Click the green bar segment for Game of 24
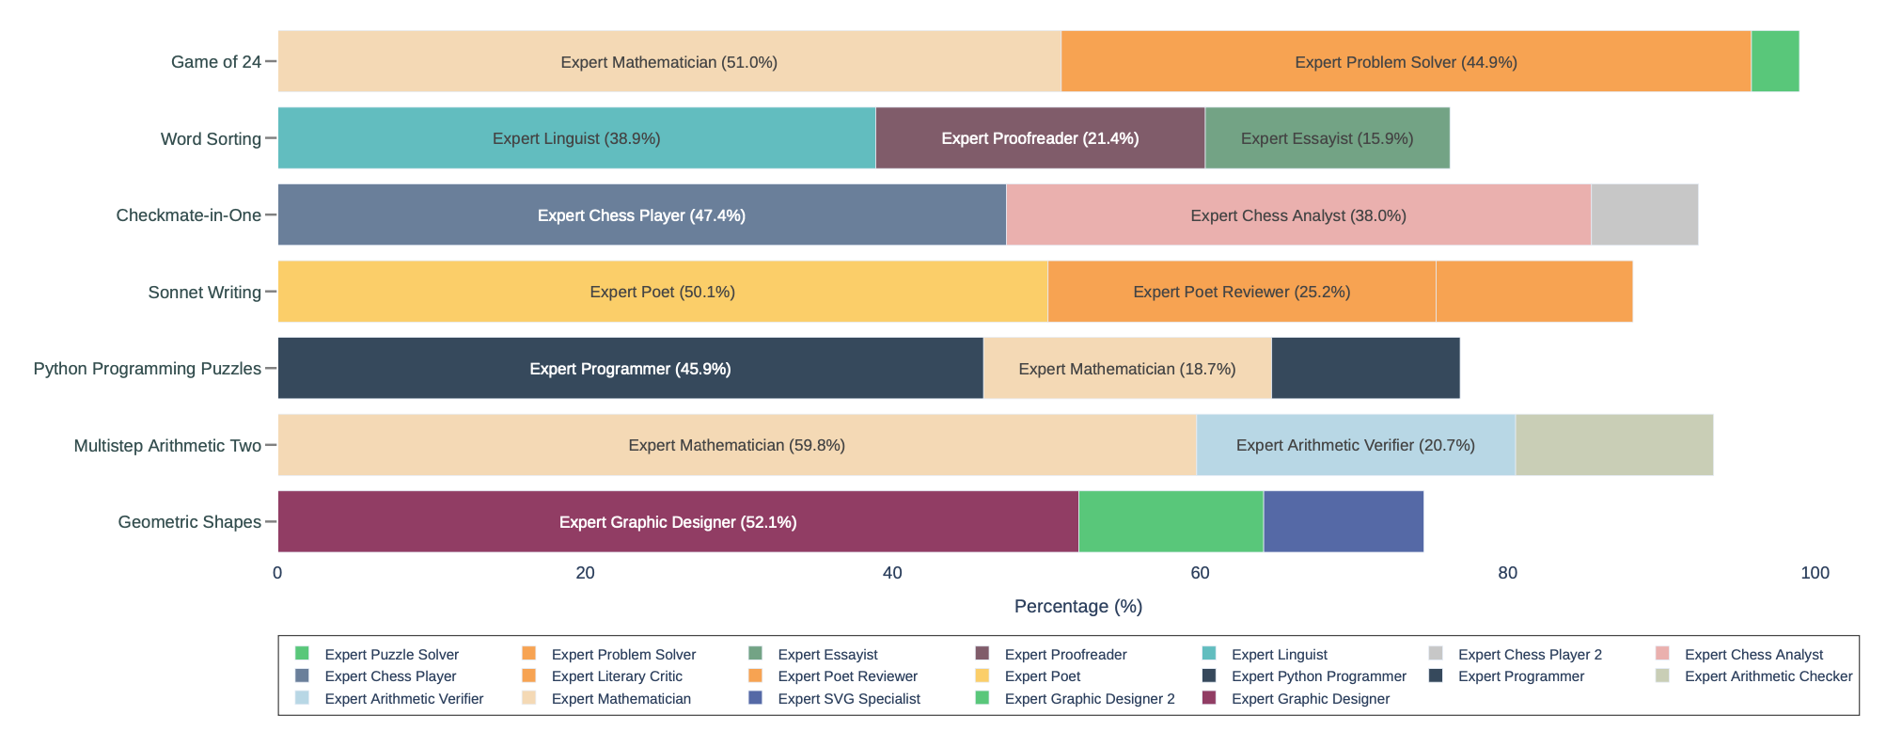coord(1774,61)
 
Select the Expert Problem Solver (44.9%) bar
coord(1406,61)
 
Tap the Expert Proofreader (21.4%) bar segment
coord(1040,138)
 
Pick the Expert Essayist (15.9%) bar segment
coord(1327,138)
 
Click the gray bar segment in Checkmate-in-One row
coord(1644,215)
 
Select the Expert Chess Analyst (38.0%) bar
coord(1298,215)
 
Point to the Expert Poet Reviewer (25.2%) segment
coord(1241,292)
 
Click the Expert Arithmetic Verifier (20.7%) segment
coord(1355,445)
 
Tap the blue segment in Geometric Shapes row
coord(1343,521)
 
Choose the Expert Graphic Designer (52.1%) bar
coord(678,521)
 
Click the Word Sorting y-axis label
coord(211,139)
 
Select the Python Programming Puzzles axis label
coord(148,369)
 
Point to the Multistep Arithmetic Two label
coord(167,446)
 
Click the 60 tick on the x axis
coord(1200,573)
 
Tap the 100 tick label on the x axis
coord(1815,573)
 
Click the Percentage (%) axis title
coord(1078,607)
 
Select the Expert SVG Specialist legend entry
coord(848,699)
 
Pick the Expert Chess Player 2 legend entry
coord(1529,655)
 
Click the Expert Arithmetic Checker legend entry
coord(1768,676)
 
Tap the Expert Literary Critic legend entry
coord(616,676)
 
